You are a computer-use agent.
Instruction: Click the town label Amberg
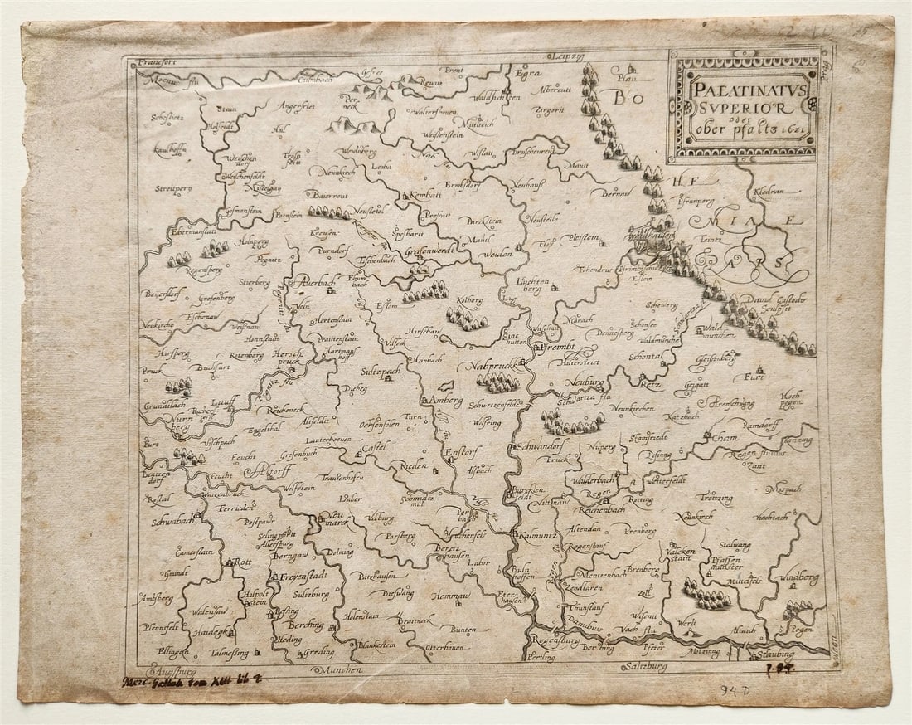click(x=449, y=401)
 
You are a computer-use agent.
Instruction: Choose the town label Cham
click(x=725, y=437)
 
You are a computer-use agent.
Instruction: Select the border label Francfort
click(x=160, y=61)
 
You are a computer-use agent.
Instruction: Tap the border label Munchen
click(x=342, y=669)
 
